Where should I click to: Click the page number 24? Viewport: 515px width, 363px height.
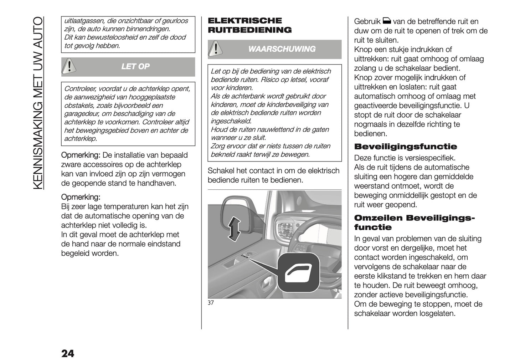click(x=68, y=353)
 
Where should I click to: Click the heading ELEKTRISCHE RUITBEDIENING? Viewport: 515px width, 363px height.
click(x=249, y=25)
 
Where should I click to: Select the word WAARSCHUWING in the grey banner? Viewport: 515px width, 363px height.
click(x=282, y=49)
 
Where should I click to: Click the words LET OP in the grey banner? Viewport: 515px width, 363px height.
click(x=135, y=67)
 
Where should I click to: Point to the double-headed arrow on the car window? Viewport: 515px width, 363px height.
click(x=234, y=229)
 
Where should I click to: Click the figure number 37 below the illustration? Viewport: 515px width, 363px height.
click(x=211, y=303)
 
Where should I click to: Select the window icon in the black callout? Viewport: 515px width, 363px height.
click(x=297, y=272)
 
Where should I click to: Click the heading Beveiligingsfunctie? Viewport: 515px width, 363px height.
click(x=405, y=147)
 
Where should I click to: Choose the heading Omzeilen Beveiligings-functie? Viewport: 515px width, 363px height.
click(x=414, y=223)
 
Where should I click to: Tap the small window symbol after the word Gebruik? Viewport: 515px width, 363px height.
click(x=387, y=21)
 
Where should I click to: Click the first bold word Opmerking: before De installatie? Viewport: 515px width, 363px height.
click(x=81, y=155)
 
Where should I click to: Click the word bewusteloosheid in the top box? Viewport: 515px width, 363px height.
click(x=107, y=37)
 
